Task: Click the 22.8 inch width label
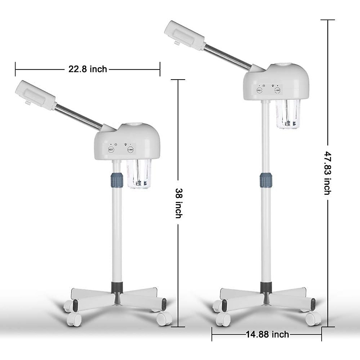(x=88, y=69)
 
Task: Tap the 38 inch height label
(x=178, y=203)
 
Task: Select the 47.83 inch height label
(x=328, y=173)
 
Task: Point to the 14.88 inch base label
(x=267, y=334)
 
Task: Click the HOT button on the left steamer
(x=111, y=149)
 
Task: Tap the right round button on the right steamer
(x=277, y=90)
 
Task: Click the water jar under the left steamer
(x=138, y=174)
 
